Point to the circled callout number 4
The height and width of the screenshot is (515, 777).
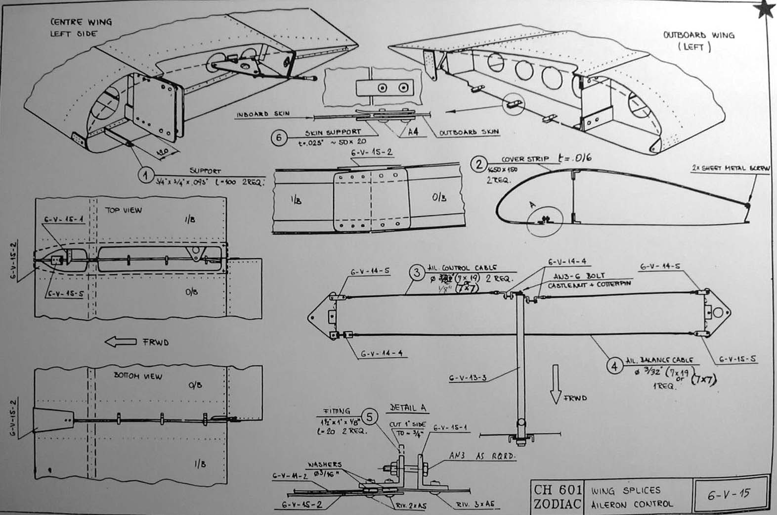click(614, 367)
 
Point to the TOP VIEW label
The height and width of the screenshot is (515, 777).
click(123, 210)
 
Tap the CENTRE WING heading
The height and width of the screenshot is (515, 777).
click(81, 22)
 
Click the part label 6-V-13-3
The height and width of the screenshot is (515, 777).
click(468, 378)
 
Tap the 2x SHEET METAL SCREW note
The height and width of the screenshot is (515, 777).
click(731, 169)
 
